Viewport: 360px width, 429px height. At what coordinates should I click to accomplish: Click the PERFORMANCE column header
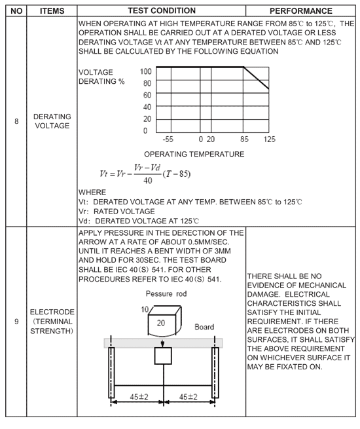click(300, 11)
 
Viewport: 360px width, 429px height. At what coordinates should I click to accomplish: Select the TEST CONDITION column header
click(162, 10)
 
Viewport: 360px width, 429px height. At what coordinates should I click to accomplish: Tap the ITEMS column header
click(52, 11)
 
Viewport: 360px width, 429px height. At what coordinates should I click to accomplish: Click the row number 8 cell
click(16, 121)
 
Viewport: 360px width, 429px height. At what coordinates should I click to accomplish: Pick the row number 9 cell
click(16, 322)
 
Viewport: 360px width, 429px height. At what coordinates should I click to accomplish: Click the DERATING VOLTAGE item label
click(52, 121)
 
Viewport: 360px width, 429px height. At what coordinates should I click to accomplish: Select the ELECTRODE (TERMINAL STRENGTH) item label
click(52, 322)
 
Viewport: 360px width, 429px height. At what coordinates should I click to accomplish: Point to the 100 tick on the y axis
click(146, 71)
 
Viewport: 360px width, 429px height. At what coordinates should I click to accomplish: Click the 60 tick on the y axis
click(147, 95)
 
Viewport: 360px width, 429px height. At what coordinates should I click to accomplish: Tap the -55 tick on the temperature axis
click(168, 140)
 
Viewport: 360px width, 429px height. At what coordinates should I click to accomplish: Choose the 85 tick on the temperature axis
click(244, 140)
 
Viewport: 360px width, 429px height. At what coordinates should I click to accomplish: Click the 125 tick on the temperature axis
click(269, 140)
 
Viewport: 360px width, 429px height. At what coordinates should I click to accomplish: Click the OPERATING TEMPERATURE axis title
click(194, 155)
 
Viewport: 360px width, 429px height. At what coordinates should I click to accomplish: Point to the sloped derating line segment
click(256, 78)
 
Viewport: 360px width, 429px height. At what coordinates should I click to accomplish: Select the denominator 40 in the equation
click(148, 181)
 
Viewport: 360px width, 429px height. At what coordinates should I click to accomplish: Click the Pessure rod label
click(166, 294)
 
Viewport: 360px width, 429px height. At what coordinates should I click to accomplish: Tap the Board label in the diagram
click(204, 327)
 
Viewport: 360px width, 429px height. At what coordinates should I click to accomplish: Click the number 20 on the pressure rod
click(161, 323)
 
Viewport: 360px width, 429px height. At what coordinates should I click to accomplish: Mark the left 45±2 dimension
click(139, 396)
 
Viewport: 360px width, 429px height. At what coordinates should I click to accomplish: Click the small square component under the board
click(163, 356)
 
